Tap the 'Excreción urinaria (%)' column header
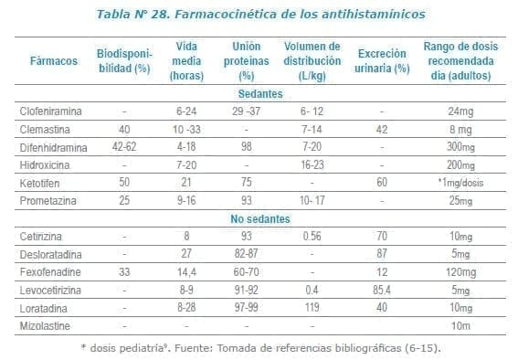pyautogui.click(x=383, y=61)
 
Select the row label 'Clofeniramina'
pyautogui.click(x=51, y=111)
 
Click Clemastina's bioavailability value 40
pyautogui.click(x=123, y=129)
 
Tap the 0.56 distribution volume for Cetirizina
pyautogui.click(x=312, y=235)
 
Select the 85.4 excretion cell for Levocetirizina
pyautogui.click(x=383, y=288)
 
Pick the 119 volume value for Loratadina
pyautogui.click(x=312, y=305)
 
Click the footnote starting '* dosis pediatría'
pyautogui.click(x=259, y=347)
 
